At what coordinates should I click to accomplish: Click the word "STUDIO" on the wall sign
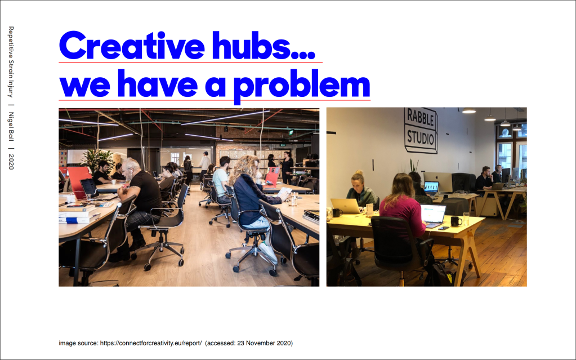[421, 136]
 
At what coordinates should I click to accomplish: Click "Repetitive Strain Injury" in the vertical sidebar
[11, 61]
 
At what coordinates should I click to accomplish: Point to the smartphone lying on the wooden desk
[443, 228]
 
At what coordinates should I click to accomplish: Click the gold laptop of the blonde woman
[346, 206]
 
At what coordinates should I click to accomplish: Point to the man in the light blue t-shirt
[221, 179]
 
